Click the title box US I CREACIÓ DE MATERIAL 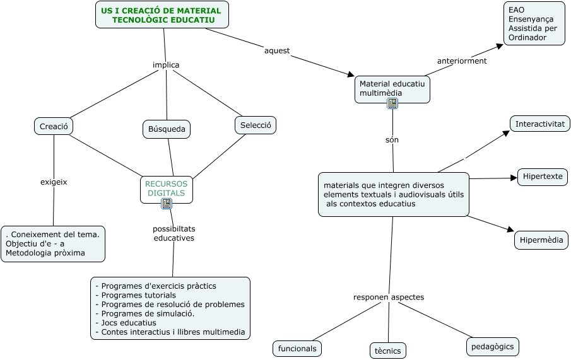point(162,15)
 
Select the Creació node point(54,126)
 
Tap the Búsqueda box point(167,129)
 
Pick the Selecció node point(256,125)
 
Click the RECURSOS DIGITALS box point(166,188)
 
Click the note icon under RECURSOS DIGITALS point(167,203)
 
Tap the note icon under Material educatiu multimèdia point(392,103)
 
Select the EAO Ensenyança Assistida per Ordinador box point(534,23)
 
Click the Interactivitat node point(539,124)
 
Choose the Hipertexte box point(543,177)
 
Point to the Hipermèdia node point(541,240)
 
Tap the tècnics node point(388,351)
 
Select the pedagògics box point(493,346)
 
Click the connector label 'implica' point(166,65)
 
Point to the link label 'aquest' point(277,50)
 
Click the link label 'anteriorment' point(462,61)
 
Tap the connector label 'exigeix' point(54,182)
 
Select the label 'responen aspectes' point(389,297)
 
